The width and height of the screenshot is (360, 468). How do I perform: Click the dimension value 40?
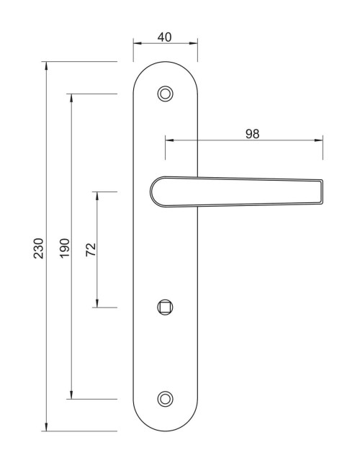tap(164, 37)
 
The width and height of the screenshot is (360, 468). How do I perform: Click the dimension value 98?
tap(252, 133)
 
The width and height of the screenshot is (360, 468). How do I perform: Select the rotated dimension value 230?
tap(39, 248)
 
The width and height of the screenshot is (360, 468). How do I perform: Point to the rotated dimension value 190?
tap(64, 248)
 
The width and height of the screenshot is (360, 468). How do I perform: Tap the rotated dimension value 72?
tap(91, 250)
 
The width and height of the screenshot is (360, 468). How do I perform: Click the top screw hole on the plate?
tap(166, 94)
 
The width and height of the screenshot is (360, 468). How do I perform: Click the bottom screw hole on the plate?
tap(166, 398)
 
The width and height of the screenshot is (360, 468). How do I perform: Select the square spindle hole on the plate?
tap(166, 307)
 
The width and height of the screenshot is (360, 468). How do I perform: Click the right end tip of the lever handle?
tap(321, 192)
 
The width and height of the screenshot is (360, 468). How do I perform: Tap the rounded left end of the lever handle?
tap(154, 192)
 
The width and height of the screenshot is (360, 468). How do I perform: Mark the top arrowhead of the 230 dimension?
tap(46, 66)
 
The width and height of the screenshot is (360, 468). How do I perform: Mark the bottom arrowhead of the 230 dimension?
tap(46, 428)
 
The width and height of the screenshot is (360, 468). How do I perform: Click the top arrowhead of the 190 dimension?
tap(71, 97)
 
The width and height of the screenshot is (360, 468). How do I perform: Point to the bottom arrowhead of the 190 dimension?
tap(71, 395)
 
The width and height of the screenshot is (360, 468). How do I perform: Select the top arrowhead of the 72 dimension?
tap(97, 195)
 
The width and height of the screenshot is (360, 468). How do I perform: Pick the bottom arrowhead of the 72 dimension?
tap(97, 304)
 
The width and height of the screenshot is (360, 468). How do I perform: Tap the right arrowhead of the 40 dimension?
tap(194, 43)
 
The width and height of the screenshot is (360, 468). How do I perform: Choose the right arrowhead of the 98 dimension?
tap(320, 140)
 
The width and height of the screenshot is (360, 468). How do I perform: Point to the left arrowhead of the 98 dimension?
tap(168, 140)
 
